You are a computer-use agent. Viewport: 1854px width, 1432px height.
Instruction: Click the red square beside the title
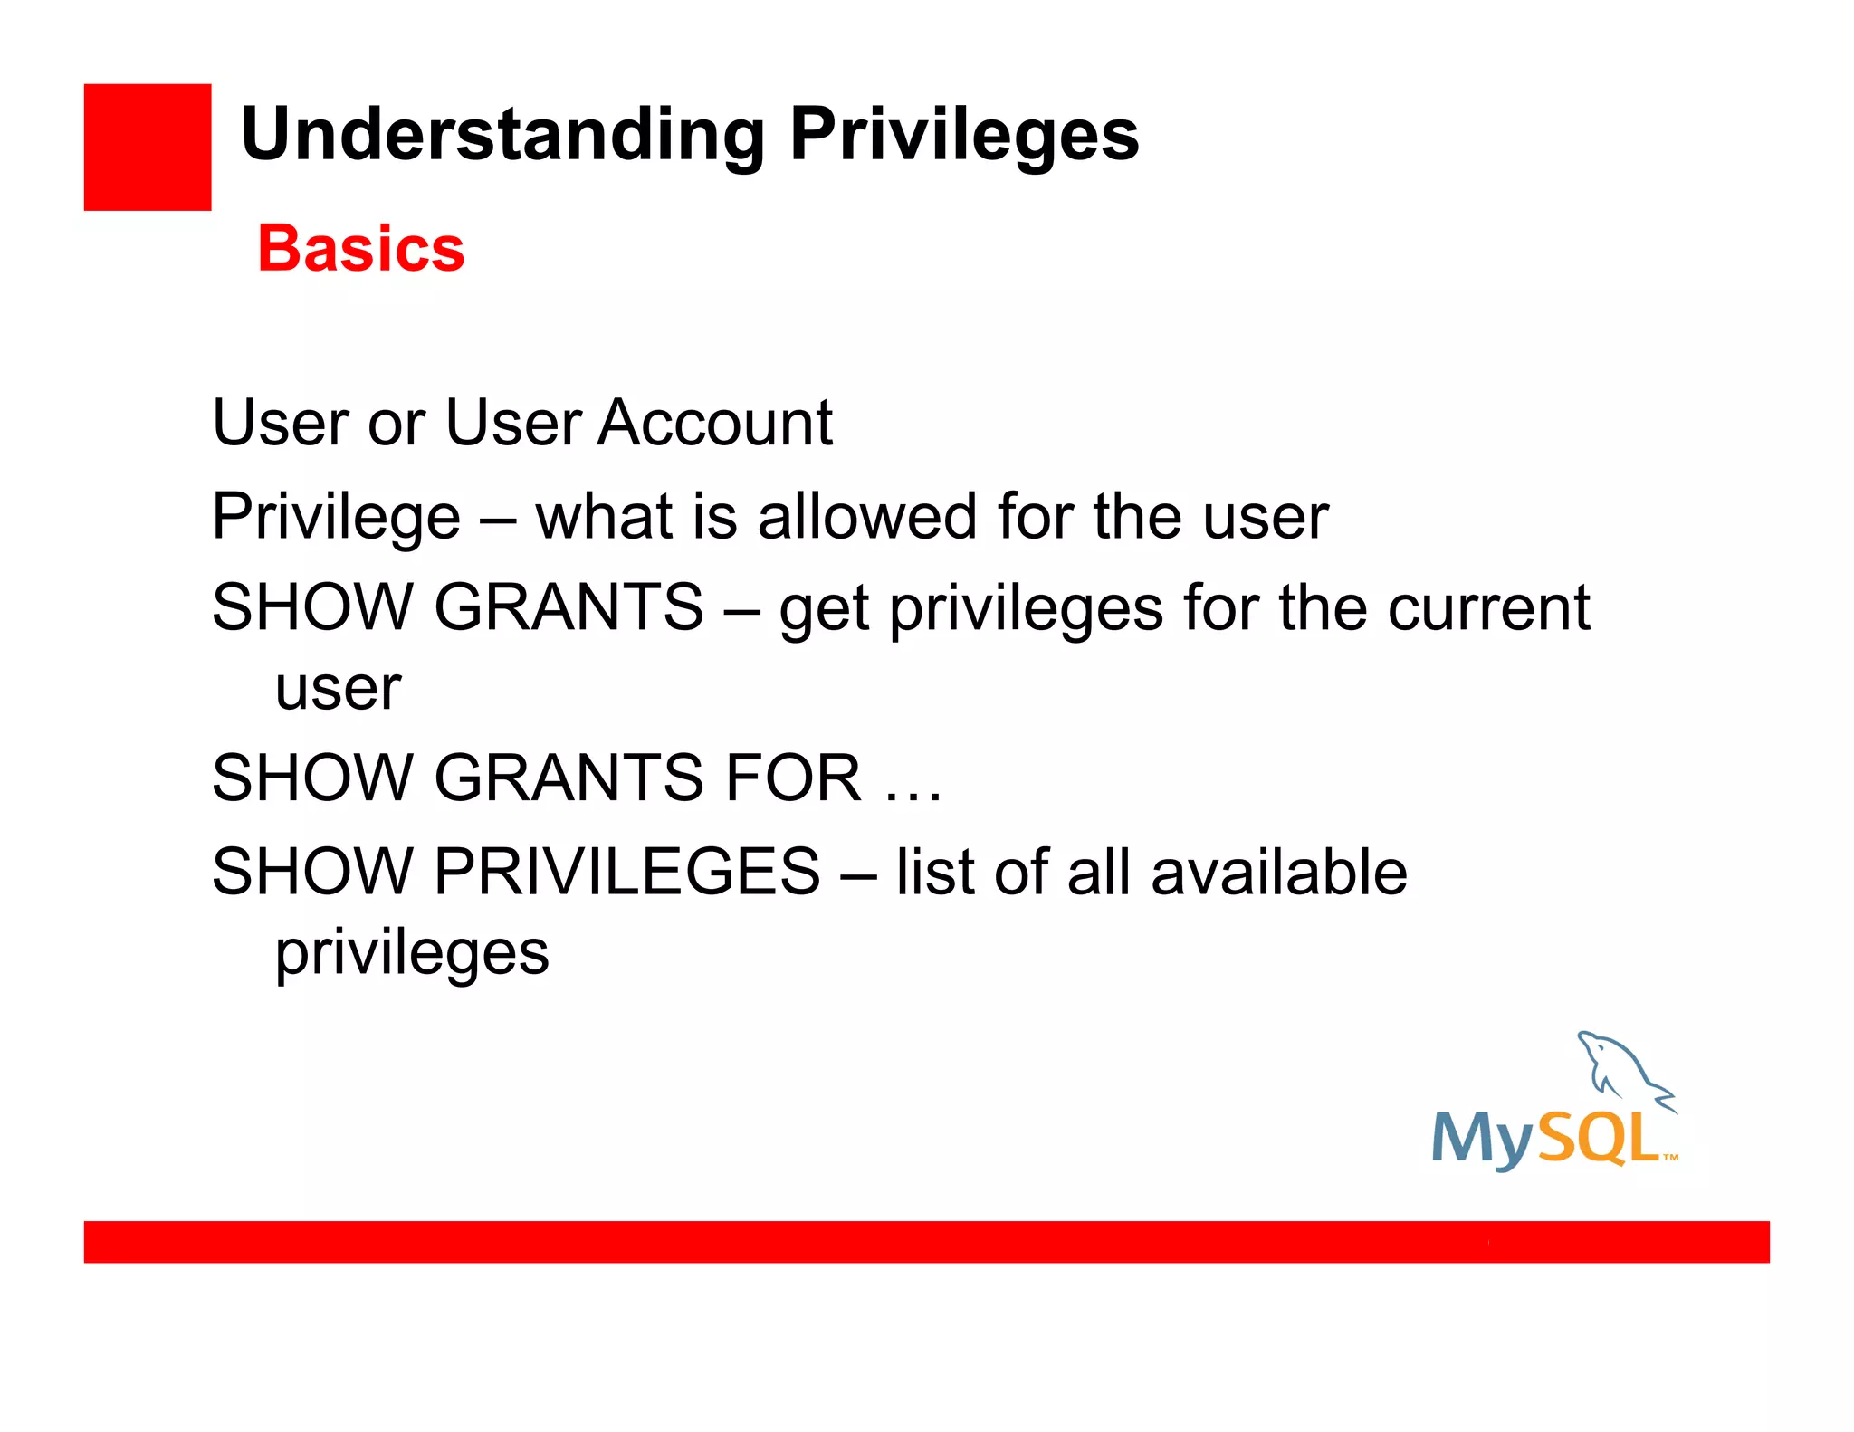coord(147,147)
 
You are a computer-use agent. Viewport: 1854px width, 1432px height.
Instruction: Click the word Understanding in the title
coord(502,136)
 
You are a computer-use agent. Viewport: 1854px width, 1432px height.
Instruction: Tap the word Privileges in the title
coord(963,136)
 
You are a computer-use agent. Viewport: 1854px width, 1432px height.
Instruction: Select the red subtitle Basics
coord(360,248)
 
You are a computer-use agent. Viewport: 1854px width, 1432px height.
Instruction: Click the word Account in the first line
coord(714,423)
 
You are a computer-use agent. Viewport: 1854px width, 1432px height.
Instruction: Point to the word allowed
coord(866,516)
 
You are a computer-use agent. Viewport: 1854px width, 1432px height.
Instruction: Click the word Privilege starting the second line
coord(336,518)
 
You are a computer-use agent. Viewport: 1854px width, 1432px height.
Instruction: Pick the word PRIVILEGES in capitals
coord(626,872)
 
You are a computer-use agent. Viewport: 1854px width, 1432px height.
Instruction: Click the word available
coord(1278,872)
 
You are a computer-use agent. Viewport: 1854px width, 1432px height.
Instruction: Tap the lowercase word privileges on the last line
coord(412,953)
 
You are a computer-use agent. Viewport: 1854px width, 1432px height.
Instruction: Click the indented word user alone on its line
coord(338,690)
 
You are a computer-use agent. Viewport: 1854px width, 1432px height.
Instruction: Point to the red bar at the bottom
coord(926,1241)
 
